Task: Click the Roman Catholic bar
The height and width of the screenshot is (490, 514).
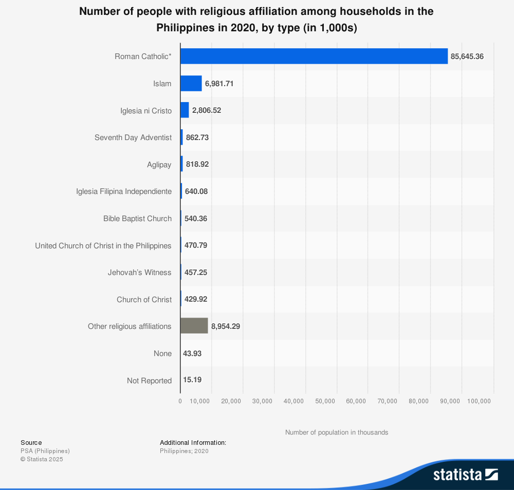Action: pos(314,56)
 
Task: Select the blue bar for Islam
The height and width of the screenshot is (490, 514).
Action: pos(191,84)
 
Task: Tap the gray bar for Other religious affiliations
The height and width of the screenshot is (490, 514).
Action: pos(194,326)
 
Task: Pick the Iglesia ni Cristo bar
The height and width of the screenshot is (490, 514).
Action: pos(185,110)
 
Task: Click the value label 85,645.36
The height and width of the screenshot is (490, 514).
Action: pos(467,56)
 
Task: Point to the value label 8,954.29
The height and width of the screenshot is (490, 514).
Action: pos(226,326)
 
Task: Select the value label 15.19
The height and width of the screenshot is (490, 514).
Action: pos(192,380)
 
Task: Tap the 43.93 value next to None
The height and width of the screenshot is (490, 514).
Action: pos(192,354)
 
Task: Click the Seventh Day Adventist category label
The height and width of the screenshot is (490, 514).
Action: pos(133,138)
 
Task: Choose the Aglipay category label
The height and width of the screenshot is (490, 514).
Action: pos(159,165)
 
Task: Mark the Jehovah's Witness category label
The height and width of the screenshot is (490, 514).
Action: pos(140,272)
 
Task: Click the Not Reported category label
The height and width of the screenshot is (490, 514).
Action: pos(149,381)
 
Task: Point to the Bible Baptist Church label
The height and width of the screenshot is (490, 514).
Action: pos(137,219)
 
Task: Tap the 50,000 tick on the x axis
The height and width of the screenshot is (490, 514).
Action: pos(325,401)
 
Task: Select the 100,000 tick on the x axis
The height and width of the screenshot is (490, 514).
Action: pos(479,401)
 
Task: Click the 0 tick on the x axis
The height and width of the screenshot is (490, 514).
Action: pos(180,401)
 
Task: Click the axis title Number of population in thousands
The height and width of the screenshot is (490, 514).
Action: pos(337,433)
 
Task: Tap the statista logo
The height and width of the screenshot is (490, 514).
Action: pos(466,475)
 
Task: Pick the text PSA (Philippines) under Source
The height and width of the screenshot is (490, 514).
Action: pos(45,451)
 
